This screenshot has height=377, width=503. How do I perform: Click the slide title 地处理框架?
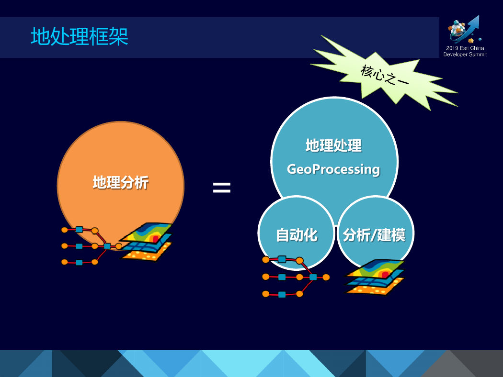click(80, 36)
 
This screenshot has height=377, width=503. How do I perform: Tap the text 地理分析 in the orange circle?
click(121, 183)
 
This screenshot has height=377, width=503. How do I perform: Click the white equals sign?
click(222, 188)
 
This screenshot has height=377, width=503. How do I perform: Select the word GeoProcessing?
click(333, 169)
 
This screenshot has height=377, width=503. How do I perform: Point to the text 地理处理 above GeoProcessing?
click(333, 145)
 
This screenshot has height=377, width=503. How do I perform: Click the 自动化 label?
click(297, 235)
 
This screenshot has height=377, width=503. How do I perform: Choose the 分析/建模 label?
click(374, 235)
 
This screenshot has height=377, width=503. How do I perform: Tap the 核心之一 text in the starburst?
click(385, 75)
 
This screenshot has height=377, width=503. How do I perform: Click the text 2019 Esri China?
click(465, 48)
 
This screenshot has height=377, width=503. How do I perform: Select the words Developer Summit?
click(465, 55)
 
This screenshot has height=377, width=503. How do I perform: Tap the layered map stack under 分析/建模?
click(374, 277)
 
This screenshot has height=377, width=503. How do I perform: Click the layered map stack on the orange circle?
click(146, 242)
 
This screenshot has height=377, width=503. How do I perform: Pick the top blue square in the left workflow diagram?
click(79, 229)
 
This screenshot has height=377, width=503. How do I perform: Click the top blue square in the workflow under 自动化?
click(282, 259)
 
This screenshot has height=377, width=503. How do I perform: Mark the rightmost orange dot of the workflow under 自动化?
click(326, 277)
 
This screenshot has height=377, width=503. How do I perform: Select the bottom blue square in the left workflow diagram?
click(79, 263)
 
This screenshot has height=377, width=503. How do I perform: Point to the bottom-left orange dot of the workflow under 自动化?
click(265, 294)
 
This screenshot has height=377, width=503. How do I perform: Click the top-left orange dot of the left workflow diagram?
click(65, 230)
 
